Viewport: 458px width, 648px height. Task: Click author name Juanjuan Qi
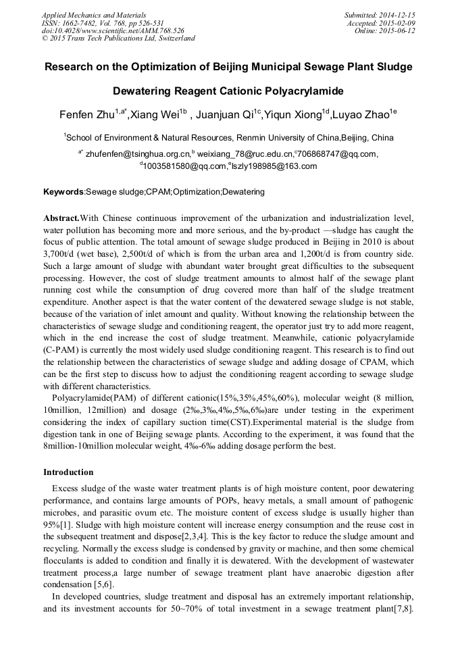coord(220,115)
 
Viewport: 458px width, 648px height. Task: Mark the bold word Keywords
coord(63,192)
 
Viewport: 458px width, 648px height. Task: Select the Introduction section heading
coord(68,472)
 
